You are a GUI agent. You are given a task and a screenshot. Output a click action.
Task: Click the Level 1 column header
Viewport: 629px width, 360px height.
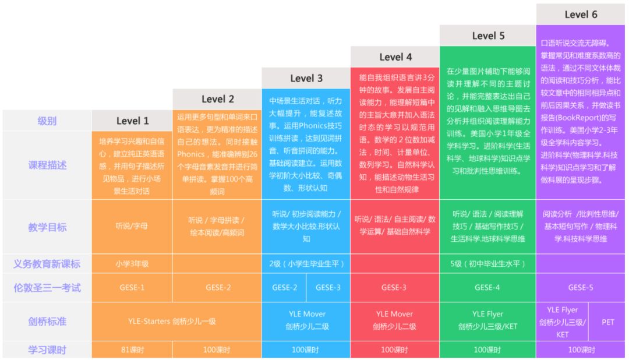(x=132, y=121)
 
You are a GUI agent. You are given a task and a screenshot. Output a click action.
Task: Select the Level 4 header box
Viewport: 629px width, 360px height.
(x=395, y=57)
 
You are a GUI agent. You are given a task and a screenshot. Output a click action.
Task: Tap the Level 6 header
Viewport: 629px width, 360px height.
(x=581, y=14)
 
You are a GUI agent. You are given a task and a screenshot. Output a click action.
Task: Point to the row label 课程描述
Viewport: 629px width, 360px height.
(x=47, y=165)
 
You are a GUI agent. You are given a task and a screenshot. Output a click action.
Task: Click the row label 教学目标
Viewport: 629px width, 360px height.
(x=47, y=227)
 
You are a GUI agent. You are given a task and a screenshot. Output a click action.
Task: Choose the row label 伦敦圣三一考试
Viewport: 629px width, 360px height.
(x=47, y=287)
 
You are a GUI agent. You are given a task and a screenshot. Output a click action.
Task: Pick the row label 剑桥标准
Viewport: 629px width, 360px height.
(x=47, y=320)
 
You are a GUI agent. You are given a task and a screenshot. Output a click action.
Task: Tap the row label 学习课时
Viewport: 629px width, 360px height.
(x=47, y=350)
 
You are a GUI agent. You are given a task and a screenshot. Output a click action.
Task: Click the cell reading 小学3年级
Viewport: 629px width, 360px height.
(x=132, y=263)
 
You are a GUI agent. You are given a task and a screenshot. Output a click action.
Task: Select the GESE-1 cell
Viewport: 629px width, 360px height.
(x=132, y=287)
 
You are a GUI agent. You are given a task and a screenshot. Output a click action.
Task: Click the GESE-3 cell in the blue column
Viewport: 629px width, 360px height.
(x=328, y=287)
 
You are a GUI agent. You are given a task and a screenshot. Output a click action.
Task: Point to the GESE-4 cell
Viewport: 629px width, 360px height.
(x=487, y=287)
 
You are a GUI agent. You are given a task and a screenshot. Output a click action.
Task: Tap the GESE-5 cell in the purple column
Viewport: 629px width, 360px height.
(x=581, y=287)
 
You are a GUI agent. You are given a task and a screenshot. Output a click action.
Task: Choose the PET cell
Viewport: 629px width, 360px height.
(x=608, y=322)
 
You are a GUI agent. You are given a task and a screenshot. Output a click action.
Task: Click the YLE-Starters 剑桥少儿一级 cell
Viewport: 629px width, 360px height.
(x=172, y=321)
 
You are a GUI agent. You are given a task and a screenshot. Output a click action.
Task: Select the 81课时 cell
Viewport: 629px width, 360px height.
(x=132, y=350)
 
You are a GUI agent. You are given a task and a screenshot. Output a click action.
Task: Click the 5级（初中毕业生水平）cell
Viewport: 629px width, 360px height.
(x=487, y=263)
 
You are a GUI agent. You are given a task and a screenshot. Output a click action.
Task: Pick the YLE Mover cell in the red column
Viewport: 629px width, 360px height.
(x=395, y=320)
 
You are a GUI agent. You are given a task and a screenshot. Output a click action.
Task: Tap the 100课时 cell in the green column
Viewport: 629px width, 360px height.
(x=487, y=350)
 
